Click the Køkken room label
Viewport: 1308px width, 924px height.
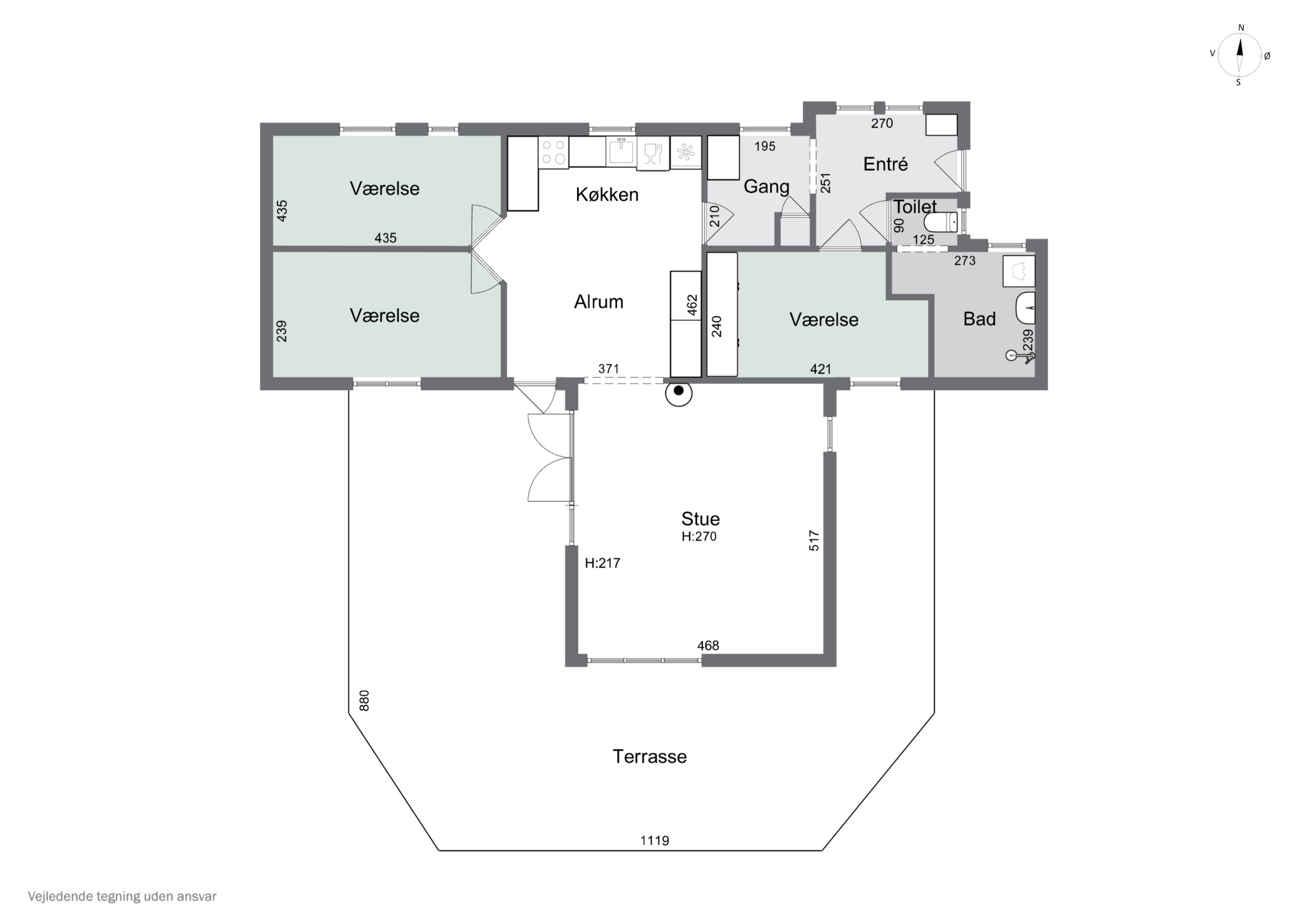607,195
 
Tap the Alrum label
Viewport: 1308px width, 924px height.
598,302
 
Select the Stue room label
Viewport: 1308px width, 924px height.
700,519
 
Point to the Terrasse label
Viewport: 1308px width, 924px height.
650,757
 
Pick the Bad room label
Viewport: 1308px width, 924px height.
979,319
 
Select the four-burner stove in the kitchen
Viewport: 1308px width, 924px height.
554,152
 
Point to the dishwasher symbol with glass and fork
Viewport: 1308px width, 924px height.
653,153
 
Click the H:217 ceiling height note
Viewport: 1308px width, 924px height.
602,563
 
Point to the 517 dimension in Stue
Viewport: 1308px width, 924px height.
814,540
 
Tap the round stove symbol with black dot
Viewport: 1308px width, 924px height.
678,392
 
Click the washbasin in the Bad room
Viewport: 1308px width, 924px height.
1025,308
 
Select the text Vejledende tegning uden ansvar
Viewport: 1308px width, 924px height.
122,896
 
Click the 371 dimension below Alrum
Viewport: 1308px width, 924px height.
608,369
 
